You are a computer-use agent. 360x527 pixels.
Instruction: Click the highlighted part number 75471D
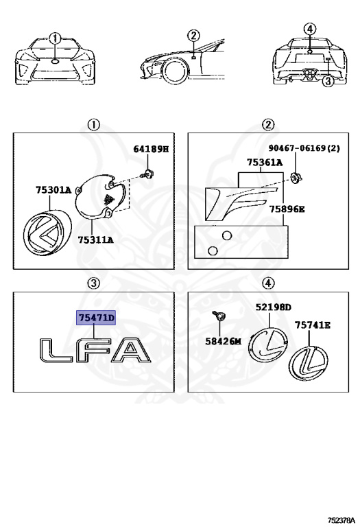click(96, 318)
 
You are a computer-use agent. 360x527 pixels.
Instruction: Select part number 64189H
click(151, 149)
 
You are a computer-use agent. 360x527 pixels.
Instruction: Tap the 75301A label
click(53, 190)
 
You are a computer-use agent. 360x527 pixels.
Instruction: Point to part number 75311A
click(96, 240)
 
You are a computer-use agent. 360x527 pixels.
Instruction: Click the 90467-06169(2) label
click(304, 148)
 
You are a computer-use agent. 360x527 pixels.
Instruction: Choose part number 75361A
click(265, 163)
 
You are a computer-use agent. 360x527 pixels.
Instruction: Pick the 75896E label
click(287, 209)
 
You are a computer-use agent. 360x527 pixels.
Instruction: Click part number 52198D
click(274, 307)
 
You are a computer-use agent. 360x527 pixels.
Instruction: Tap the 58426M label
click(224, 342)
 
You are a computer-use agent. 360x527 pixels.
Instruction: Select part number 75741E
click(312, 325)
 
